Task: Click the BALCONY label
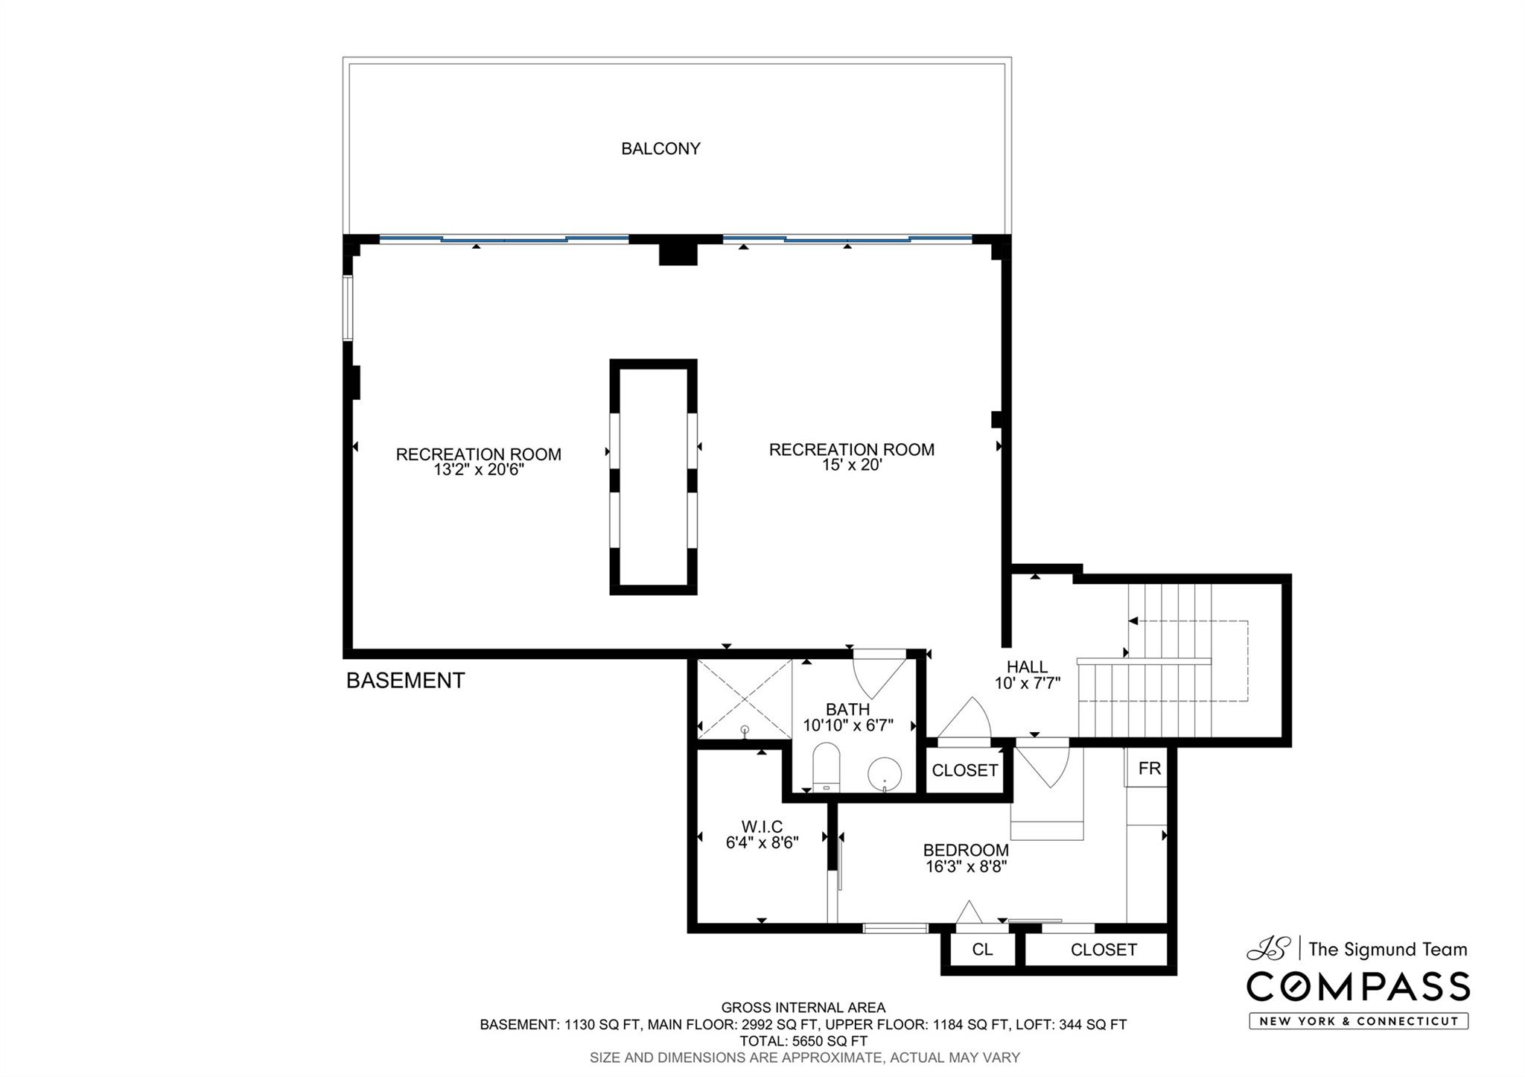pos(660,149)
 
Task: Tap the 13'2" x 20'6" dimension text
pos(479,470)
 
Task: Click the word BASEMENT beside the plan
pos(406,680)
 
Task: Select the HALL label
pos(1028,667)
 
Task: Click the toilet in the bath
pos(826,768)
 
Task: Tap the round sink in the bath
pos(885,775)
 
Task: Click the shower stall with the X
pos(744,699)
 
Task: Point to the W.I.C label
pos(762,827)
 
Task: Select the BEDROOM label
pos(966,850)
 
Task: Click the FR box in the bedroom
pos(1150,768)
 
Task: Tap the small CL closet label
pos(982,950)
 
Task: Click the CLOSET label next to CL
pos(1104,950)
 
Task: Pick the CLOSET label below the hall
pos(964,770)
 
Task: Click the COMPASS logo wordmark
pos(1358,987)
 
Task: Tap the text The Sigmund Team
pos(1388,950)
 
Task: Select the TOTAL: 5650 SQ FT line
pos(803,1041)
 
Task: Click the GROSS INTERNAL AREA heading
pos(803,1008)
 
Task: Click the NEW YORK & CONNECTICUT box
pos(1359,1021)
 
